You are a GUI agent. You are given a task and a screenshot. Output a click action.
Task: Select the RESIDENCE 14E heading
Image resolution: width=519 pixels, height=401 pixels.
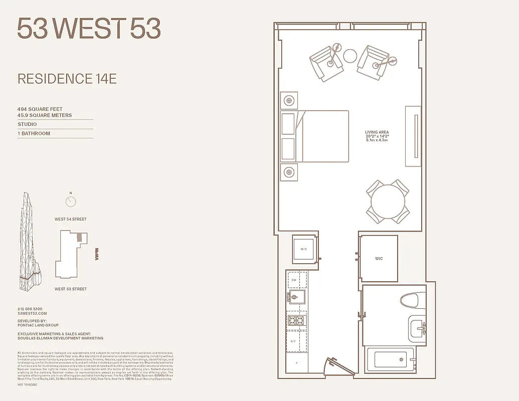point(67,79)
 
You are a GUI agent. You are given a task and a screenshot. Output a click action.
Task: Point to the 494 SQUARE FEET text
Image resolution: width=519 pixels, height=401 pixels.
point(40,109)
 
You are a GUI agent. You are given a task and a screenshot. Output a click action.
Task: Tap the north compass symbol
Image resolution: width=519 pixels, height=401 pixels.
point(71,202)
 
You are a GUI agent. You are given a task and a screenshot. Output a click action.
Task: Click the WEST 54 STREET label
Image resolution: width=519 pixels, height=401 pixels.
point(71,219)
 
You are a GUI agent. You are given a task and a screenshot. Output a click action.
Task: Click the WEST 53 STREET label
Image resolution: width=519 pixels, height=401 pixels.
point(71,289)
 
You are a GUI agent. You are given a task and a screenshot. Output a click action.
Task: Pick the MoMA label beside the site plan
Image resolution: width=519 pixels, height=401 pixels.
point(97,255)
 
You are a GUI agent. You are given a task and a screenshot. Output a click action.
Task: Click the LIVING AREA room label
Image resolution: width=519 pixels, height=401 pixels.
point(377,132)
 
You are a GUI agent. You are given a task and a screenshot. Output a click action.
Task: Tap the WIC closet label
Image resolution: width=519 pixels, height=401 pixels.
point(379,259)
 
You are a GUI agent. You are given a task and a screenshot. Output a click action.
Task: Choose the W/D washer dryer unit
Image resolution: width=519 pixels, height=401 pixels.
point(304,249)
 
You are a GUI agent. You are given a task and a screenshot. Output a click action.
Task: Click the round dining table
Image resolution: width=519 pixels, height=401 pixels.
point(388,202)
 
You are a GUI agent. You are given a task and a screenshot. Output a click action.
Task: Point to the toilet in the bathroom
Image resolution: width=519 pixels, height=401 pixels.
point(412,301)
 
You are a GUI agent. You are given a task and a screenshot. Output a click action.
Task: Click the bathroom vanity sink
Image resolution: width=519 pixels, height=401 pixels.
point(417,329)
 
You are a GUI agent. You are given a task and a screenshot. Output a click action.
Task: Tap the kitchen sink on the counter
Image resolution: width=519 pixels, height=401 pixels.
point(297,297)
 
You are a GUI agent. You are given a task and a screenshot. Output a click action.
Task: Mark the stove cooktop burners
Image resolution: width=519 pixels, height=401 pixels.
point(296,320)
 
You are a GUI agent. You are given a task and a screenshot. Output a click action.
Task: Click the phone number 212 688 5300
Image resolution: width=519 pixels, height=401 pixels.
point(30,309)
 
